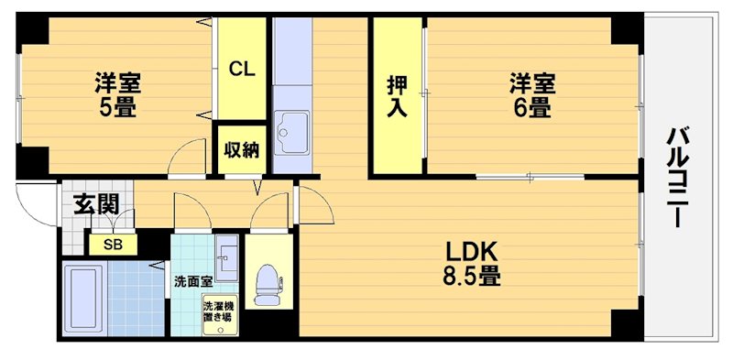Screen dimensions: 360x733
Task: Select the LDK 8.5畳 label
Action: (472, 262)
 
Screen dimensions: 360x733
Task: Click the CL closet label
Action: (242, 68)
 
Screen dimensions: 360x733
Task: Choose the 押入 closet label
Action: (397, 95)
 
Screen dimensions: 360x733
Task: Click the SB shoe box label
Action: (112, 245)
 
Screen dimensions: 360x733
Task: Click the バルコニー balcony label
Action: (678, 179)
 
